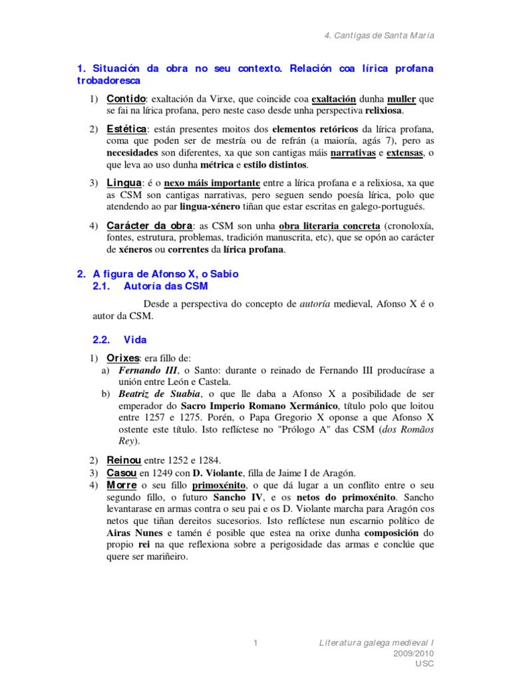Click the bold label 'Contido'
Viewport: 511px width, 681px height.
[126, 98]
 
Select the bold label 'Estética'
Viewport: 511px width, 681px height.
[126, 128]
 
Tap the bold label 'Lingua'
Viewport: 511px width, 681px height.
[124, 182]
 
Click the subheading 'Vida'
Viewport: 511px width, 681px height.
[135, 339]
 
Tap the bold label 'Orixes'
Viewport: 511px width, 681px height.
[124, 358]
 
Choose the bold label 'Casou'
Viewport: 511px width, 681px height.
[122, 473]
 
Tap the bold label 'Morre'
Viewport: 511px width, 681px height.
[123, 485]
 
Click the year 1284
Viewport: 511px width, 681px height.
[208, 461]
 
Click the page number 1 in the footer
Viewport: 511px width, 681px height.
[255, 643]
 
